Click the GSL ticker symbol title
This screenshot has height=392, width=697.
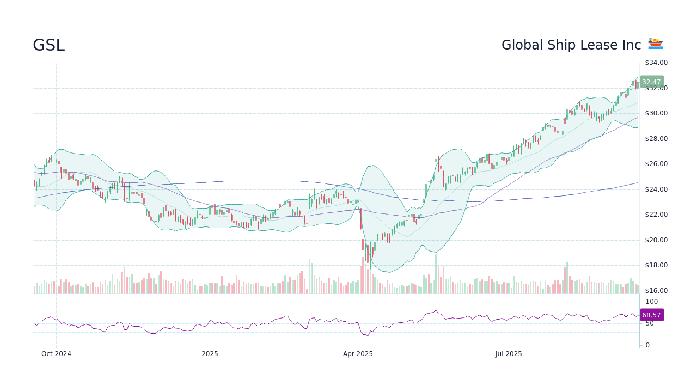tap(48, 46)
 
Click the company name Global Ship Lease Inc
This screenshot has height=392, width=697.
tap(571, 46)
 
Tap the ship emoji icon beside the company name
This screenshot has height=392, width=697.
tap(655, 44)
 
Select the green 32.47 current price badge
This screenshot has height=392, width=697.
tap(651, 82)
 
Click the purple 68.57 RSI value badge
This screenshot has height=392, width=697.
tap(651, 315)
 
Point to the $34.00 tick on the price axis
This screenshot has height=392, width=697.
tap(656, 63)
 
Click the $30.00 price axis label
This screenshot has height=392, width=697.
tap(656, 113)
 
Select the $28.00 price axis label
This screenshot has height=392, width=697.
tap(656, 139)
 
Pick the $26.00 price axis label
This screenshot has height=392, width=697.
tap(656, 164)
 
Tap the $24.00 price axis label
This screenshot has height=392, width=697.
tap(656, 189)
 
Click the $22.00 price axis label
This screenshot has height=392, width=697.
tap(656, 215)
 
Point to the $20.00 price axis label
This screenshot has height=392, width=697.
tap(656, 240)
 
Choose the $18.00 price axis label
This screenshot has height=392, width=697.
tap(656, 265)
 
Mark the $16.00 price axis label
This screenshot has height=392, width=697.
tap(656, 291)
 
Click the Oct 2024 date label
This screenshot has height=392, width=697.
tap(56, 354)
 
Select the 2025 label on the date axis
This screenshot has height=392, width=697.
tap(210, 354)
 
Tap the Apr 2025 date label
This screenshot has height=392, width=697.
tap(358, 354)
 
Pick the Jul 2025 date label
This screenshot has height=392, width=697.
tap(509, 354)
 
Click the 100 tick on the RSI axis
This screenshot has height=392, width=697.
tap(652, 302)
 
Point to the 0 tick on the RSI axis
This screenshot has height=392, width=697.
tap(647, 345)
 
